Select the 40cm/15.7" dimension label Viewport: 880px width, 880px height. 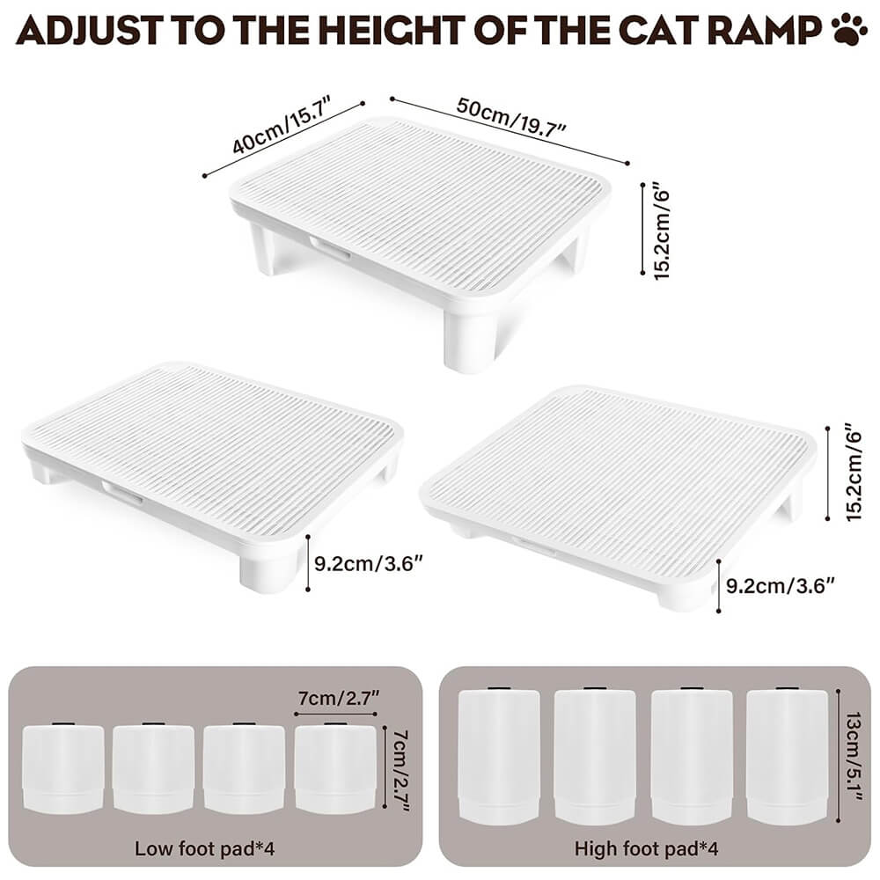(282, 125)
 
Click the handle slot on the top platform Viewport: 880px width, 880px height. (330, 247)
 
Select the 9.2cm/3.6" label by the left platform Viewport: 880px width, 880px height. (368, 563)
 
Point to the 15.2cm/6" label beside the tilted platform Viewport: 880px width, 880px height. (852, 473)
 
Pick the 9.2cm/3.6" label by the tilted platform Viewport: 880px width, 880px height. (780, 586)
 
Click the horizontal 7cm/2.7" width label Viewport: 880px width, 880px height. (339, 698)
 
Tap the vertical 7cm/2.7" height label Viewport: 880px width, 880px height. (400, 769)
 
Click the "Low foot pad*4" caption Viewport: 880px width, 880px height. (204, 848)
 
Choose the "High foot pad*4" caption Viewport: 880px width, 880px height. (646, 848)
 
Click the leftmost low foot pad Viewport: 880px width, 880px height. (63, 768)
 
